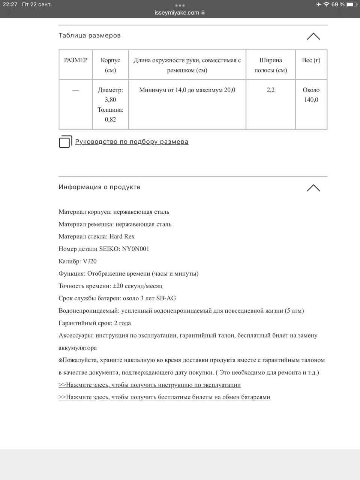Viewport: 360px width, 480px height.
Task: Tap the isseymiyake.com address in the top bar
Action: tap(177, 12)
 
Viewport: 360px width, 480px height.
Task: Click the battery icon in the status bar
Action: tap(351, 4)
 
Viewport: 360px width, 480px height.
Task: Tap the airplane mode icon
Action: tap(318, 4)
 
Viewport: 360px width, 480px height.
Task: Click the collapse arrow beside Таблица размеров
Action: tap(313, 36)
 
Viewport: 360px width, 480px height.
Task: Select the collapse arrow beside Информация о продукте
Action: tap(313, 188)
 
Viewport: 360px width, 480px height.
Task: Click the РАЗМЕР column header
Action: tap(76, 60)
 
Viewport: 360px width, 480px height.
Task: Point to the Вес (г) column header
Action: tap(311, 60)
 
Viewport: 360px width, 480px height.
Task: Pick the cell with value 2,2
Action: tap(270, 90)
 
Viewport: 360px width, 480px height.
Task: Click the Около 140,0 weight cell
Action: tap(311, 95)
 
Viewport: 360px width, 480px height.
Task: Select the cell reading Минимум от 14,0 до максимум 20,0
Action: tap(187, 90)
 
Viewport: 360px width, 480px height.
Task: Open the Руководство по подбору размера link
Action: tap(132, 142)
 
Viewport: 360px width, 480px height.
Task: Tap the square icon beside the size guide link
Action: tap(65, 142)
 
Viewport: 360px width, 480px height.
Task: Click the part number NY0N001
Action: tap(136, 249)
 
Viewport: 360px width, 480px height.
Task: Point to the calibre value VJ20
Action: tap(90, 261)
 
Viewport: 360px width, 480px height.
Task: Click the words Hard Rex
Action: tap(122, 237)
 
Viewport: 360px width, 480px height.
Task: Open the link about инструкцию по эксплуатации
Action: tap(150, 385)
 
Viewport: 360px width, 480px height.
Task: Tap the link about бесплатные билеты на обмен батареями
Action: tap(164, 397)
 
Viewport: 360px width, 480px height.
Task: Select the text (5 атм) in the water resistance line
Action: tap(294, 311)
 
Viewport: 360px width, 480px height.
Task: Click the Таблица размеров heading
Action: tap(90, 36)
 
